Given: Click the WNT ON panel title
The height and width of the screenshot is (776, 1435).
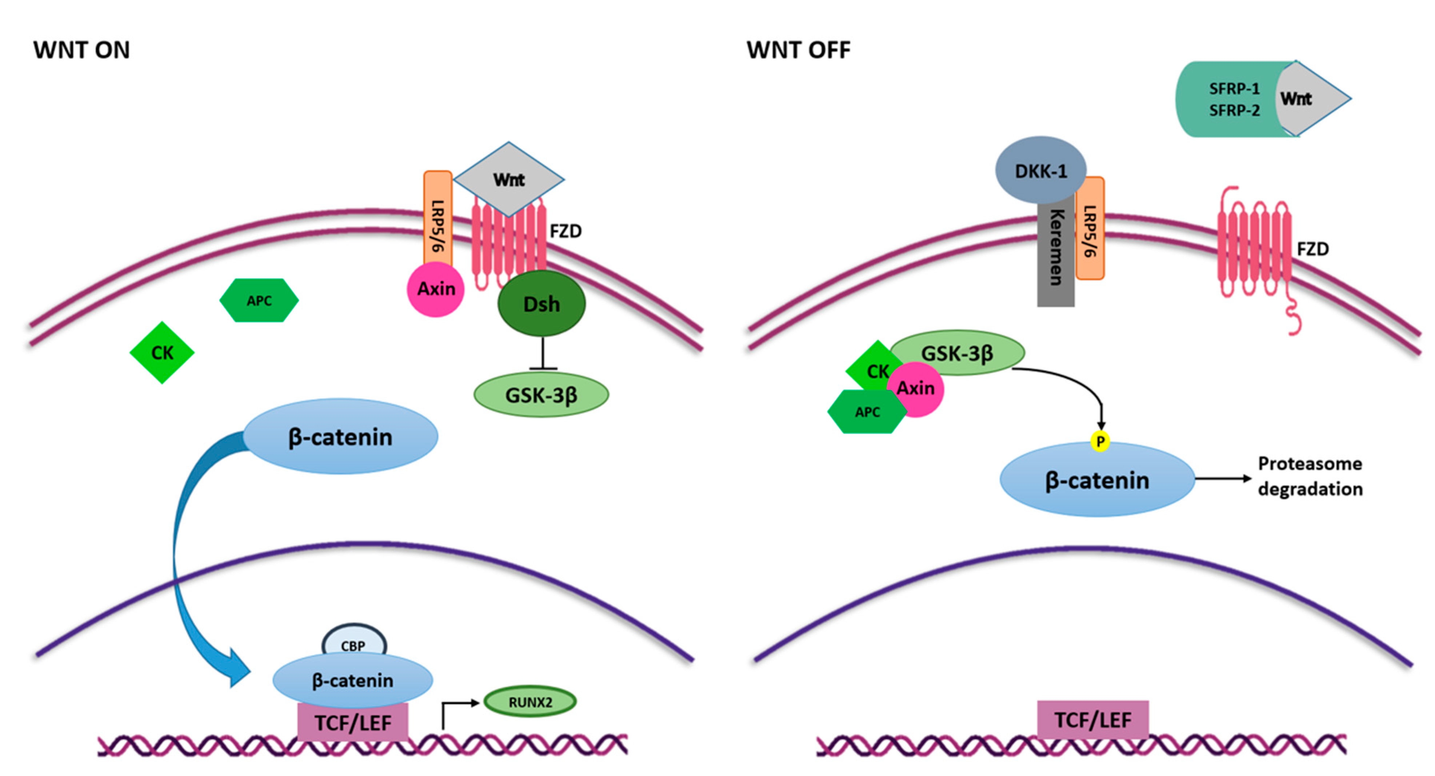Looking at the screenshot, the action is coord(81,50).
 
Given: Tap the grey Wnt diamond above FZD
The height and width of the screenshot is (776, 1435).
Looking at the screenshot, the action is coord(509,179).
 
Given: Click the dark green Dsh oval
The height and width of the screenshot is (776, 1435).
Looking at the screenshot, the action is coord(541,304).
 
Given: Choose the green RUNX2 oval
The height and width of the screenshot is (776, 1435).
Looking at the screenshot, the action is coord(530,701).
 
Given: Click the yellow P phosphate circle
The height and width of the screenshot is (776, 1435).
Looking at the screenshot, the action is coord(1100,441).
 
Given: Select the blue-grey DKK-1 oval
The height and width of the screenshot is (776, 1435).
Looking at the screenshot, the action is coord(1040,170).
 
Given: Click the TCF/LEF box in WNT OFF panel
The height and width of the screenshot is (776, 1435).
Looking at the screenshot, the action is coord(1093,720).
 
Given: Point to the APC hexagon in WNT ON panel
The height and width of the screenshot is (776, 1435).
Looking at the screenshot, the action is coord(259,300).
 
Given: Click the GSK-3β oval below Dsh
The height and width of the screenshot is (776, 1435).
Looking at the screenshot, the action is coord(541,395).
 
